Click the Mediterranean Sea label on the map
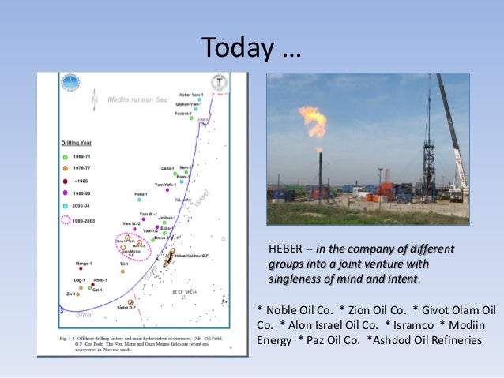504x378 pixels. [x=139, y=101]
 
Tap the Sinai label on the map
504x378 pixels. [x=84, y=314]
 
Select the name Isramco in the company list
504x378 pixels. [x=408, y=324]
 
